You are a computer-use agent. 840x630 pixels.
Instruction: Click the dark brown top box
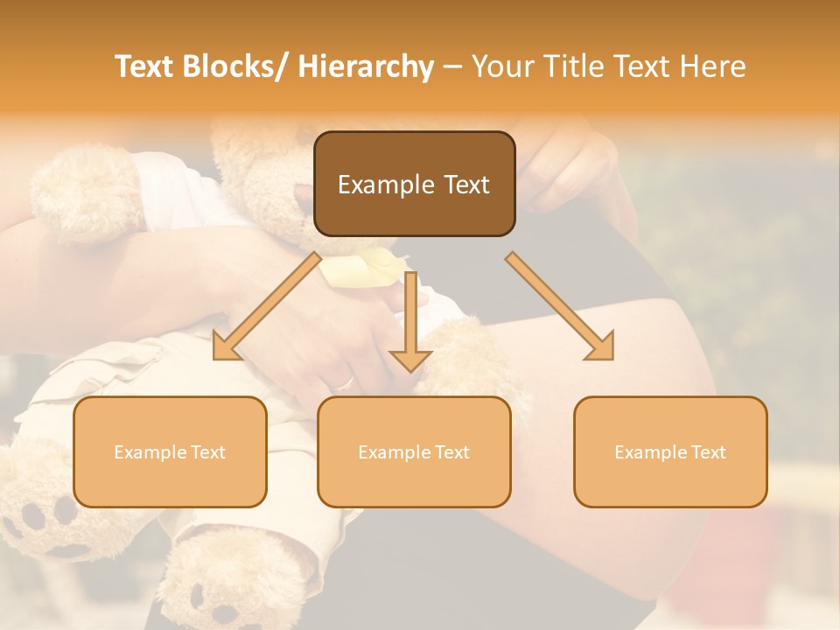point(414,184)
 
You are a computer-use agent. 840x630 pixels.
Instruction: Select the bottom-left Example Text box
point(170,451)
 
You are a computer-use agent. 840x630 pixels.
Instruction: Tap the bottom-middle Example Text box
point(414,451)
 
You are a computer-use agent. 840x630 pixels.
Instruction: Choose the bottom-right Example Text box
point(670,451)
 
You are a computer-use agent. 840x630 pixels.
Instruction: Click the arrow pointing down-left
point(268,306)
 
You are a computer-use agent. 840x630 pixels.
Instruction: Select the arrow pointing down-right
point(560,306)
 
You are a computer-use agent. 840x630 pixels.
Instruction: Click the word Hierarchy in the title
point(366,66)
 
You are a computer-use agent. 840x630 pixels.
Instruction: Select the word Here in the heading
point(713,66)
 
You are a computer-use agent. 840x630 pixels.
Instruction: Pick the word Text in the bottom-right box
point(708,451)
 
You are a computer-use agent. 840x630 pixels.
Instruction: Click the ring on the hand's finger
point(346,382)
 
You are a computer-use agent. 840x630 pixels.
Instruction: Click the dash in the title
point(452,66)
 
